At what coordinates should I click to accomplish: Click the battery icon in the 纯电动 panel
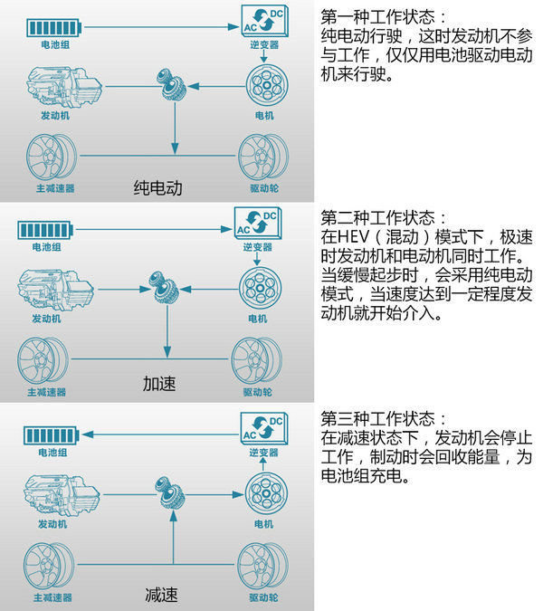[x=54, y=28]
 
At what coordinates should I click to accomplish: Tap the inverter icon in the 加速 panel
[x=258, y=224]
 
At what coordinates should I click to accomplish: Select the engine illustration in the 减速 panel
[x=62, y=495]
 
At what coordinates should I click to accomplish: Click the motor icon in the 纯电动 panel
[x=267, y=86]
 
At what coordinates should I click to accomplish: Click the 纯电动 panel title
[x=158, y=187]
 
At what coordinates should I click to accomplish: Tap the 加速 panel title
[x=159, y=384]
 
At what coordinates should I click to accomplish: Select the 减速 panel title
[x=161, y=595]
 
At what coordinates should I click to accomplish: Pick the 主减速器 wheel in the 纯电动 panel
[x=52, y=157]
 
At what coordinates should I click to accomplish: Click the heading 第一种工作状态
[x=377, y=17]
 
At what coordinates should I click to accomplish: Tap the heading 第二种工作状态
[x=377, y=218]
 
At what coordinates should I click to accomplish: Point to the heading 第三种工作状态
[x=377, y=419]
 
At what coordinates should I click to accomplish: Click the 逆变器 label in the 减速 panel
[x=263, y=453]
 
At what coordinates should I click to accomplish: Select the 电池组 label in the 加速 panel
[x=46, y=247]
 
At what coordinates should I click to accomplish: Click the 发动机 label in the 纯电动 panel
[x=55, y=116]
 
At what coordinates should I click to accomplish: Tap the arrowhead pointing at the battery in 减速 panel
[x=88, y=434]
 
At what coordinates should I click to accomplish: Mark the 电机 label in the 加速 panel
[x=258, y=319]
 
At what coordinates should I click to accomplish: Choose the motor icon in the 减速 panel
[x=266, y=493]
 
